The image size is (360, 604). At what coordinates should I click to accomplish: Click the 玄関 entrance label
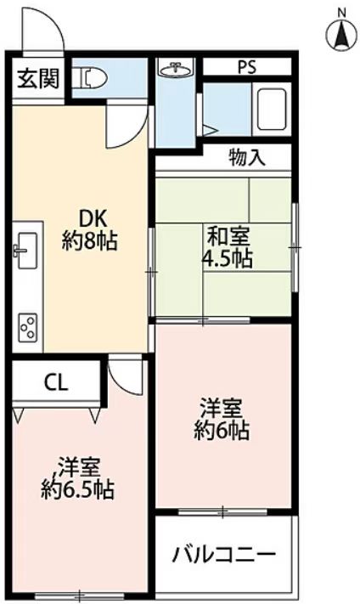tap(38, 80)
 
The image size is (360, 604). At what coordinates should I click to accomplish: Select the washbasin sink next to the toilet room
tap(176, 70)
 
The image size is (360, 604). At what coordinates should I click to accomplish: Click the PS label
tap(246, 67)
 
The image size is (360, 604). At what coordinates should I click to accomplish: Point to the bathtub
tap(272, 109)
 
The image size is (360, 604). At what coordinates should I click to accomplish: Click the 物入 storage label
tap(247, 157)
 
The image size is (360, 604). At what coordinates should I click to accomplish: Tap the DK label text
tap(93, 220)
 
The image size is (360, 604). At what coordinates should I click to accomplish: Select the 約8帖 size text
tap(90, 241)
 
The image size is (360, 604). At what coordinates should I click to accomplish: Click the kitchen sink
tap(26, 251)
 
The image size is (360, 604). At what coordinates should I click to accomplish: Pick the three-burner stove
tap(28, 327)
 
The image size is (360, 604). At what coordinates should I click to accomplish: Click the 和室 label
tap(228, 237)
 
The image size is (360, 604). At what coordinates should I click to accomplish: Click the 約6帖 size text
tap(222, 431)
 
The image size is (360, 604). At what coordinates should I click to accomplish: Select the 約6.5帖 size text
tap(77, 489)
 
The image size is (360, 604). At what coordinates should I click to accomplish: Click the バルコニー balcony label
tap(224, 555)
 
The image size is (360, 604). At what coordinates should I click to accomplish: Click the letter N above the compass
tap(341, 13)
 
